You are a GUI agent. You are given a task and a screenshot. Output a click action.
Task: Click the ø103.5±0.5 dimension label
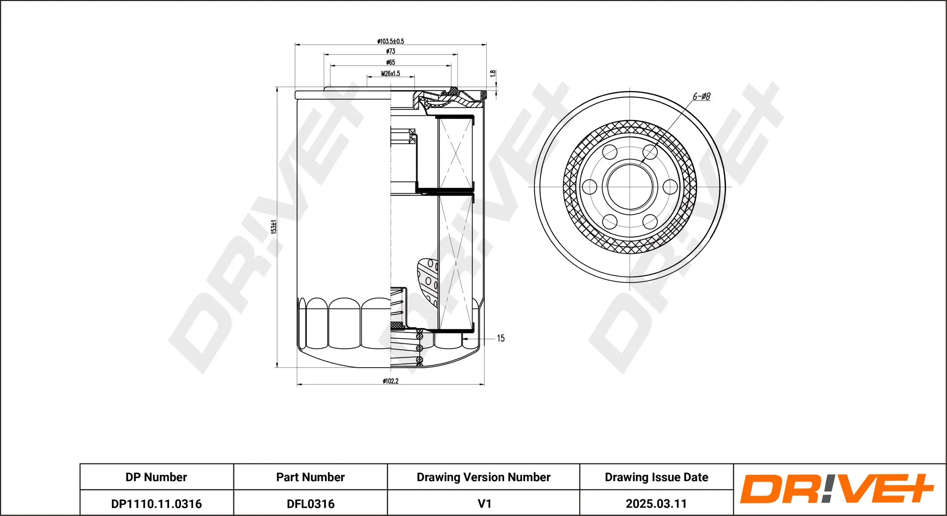click(x=391, y=41)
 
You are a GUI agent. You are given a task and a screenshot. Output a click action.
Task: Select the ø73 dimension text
click(x=391, y=51)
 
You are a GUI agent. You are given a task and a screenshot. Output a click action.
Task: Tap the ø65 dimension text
click(x=391, y=62)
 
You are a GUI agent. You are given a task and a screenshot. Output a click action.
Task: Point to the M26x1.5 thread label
click(x=391, y=73)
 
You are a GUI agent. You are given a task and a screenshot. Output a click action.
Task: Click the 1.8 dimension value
click(x=493, y=73)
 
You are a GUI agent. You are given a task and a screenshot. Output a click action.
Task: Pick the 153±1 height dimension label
click(x=274, y=227)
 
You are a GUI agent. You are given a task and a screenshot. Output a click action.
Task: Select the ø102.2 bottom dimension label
click(x=391, y=381)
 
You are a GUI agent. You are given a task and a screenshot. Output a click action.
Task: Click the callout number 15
click(x=500, y=338)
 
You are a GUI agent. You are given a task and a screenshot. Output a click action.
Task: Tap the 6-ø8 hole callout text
click(x=702, y=97)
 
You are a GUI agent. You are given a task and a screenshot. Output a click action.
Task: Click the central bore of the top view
click(x=630, y=187)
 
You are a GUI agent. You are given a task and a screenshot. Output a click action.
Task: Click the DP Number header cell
click(x=156, y=477)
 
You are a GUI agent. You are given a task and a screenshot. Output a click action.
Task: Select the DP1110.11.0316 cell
click(x=156, y=504)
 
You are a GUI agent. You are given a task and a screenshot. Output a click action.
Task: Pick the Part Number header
click(x=310, y=477)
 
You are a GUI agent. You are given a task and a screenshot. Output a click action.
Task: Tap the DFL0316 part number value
click(x=310, y=504)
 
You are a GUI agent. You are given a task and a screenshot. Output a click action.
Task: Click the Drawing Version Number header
click(x=483, y=477)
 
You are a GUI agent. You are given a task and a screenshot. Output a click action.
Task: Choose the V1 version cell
click(x=484, y=504)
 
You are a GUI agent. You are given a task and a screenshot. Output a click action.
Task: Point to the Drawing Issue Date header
click(x=656, y=477)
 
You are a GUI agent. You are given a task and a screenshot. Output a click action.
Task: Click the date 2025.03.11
click(x=656, y=504)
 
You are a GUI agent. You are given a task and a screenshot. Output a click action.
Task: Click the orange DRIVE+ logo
click(x=836, y=489)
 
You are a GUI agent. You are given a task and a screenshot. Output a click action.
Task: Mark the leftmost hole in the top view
click(x=589, y=187)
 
